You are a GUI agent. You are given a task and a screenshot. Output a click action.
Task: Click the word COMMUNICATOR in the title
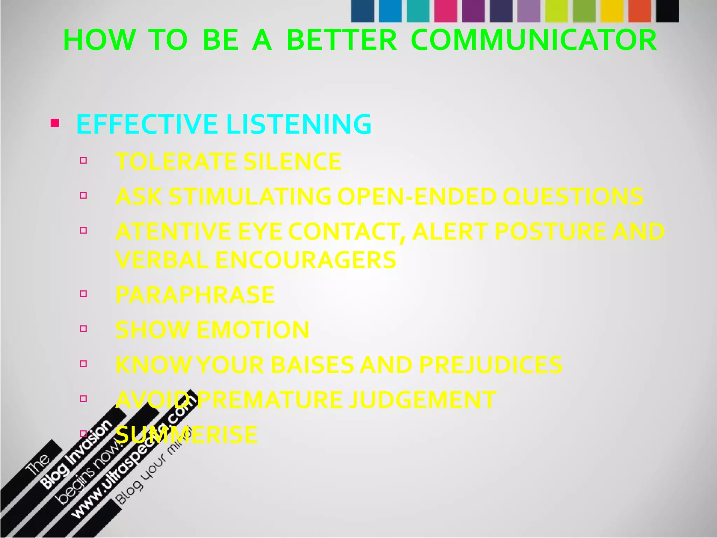click(534, 40)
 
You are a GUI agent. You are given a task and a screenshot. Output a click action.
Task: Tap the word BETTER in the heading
click(342, 40)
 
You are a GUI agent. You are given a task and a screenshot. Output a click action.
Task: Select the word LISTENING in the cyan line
click(299, 124)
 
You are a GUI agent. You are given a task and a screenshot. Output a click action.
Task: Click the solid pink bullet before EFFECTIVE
click(55, 123)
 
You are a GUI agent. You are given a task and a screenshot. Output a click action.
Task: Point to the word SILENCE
click(292, 161)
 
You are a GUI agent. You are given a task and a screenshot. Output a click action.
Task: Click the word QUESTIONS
click(573, 196)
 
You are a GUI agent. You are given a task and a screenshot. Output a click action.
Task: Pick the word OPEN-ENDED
click(417, 196)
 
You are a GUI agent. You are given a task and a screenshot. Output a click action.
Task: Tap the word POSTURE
click(550, 232)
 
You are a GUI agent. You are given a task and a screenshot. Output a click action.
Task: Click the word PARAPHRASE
click(195, 295)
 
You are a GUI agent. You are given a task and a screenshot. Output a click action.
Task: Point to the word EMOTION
click(253, 330)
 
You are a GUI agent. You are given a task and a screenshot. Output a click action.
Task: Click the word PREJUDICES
click(490, 365)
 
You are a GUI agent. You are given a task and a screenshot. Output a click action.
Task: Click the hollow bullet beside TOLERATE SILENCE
click(83, 160)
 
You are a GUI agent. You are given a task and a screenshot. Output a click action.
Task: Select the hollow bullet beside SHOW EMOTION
click(83, 329)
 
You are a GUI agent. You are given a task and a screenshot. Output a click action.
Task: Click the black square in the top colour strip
click(667, 11)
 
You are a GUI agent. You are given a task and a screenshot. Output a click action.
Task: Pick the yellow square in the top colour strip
click(612, 11)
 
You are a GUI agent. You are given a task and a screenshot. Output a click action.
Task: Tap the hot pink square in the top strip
click(446, 11)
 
